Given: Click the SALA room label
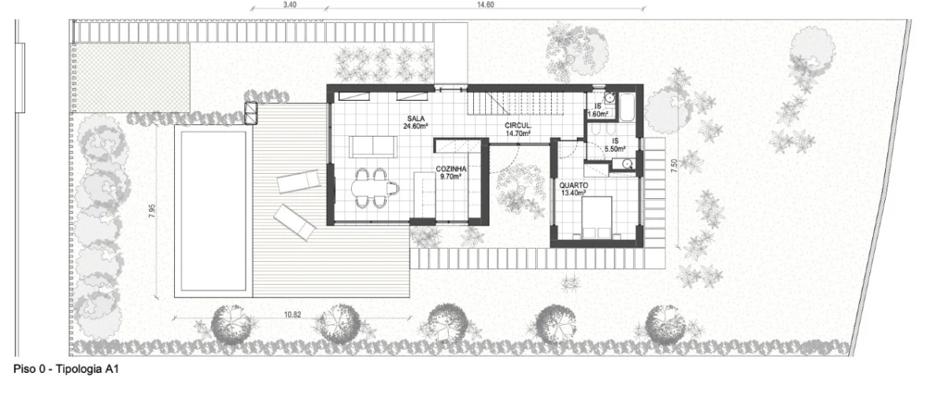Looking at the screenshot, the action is coord(416,119).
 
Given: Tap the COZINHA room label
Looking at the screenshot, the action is coord(450,169).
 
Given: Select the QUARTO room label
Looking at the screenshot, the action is coord(573,186).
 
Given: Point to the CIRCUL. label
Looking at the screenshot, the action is coord(518,126).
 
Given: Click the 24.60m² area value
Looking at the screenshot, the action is coord(416,126).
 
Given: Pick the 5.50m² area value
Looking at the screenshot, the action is coord(615,149).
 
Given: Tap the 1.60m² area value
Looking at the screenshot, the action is coord(598,114).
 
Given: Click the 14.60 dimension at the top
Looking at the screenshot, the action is coord(486,5).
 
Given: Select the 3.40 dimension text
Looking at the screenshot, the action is coord(290,5).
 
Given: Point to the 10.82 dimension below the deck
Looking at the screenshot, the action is coord(292,315).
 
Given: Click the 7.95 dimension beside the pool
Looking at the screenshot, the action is coord(153,211).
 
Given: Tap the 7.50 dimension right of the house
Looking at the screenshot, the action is coord(674,165).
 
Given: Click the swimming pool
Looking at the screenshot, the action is coord(213,211).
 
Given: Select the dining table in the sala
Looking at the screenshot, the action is coord(373,188).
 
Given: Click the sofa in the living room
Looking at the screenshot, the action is coord(373,147).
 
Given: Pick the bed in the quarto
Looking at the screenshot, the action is coord(597,217).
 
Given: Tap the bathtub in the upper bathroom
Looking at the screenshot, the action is coord(627,108).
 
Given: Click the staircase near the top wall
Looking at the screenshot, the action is coord(516,104).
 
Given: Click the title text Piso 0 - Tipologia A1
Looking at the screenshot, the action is coord(66,369).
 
